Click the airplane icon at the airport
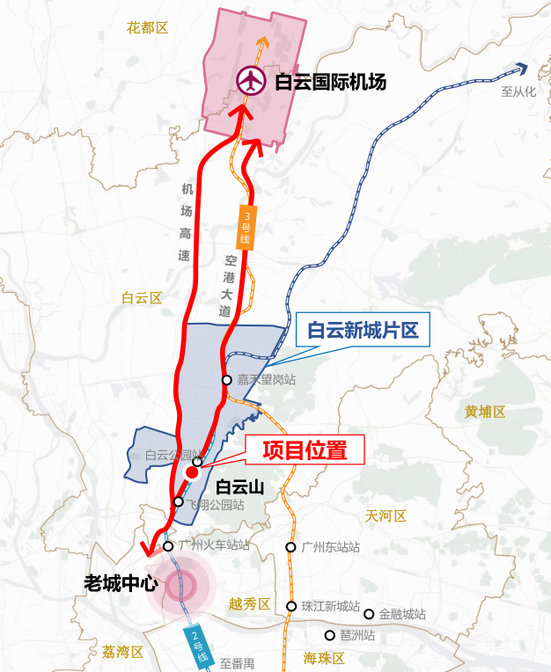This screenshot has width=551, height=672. (252, 82)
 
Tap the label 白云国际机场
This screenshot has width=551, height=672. (330, 83)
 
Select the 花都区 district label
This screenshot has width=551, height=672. (147, 28)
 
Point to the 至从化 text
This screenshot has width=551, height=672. (518, 91)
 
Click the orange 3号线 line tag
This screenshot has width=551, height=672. (246, 227)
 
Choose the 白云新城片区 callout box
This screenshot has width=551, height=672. (362, 331)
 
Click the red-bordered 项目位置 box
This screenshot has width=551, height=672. (305, 450)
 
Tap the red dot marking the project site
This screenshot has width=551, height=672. (192, 472)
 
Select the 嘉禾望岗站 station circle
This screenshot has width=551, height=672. (227, 380)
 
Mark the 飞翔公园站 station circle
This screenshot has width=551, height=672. (179, 502)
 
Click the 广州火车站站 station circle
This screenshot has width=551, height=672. (168, 546)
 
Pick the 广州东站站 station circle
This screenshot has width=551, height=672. (290, 547)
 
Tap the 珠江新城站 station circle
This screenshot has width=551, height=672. (291, 606)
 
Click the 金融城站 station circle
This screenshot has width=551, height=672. (370, 614)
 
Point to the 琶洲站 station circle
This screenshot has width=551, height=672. (330, 635)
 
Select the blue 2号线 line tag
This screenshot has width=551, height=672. (197, 647)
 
